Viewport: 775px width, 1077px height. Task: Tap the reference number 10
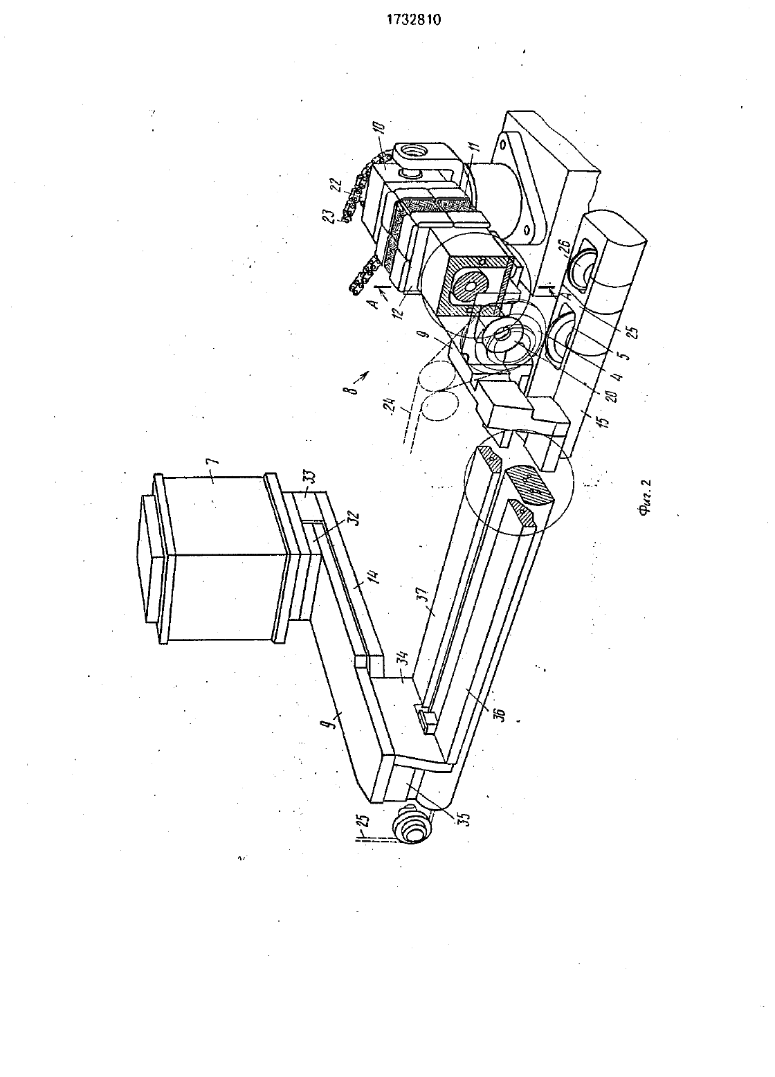[x=379, y=129]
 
